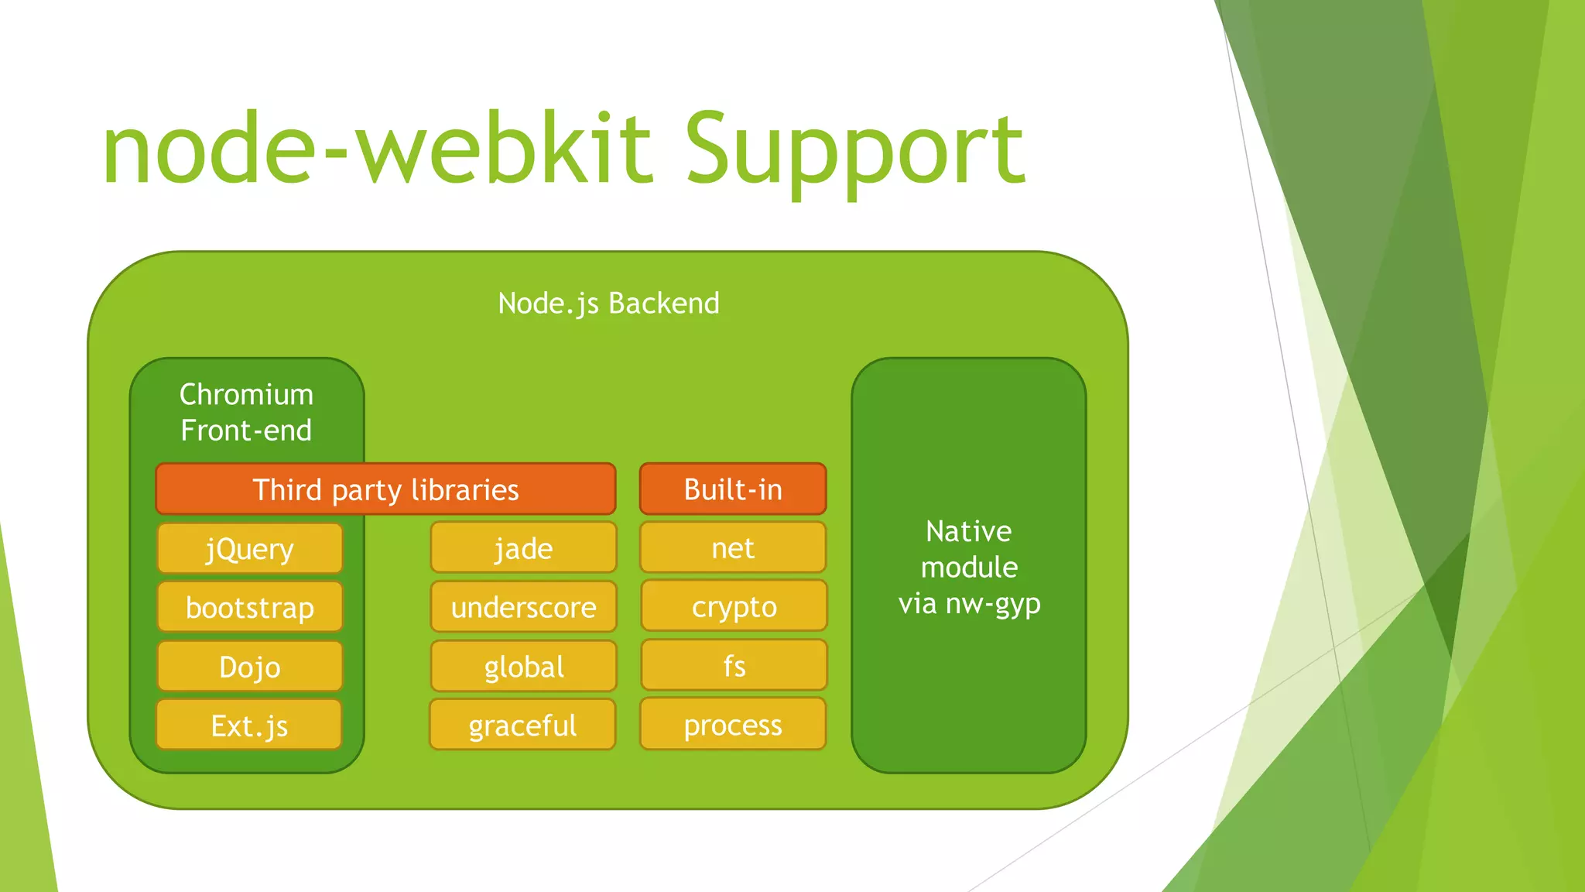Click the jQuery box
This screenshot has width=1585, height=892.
click(249, 549)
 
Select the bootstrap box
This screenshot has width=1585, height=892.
click(249, 608)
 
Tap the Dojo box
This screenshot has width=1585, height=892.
click(249, 667)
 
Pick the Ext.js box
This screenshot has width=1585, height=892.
click(249, 726)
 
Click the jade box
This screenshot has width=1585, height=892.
click(523, 548)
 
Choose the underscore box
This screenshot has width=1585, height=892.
click(523, 607)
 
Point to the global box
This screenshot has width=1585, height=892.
click(523, 667)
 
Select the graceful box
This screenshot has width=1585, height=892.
click(523, 726)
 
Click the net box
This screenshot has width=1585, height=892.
click(733, 548)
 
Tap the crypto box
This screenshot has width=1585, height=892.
click(733, 606)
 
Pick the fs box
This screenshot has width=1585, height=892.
click(733, 666)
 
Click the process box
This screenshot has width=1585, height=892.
click(733, 725)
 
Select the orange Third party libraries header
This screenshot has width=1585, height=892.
click(385, 489)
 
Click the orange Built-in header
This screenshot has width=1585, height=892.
click(733, 489)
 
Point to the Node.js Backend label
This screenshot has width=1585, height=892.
click(608, 304)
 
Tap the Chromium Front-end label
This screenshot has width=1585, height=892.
click(246, 412)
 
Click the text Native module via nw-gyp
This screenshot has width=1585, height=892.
click(969, 567)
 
